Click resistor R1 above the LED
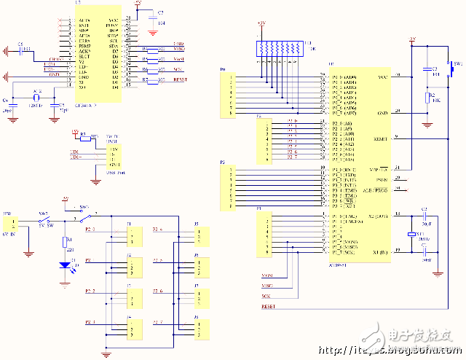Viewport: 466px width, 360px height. coord(67,243)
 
